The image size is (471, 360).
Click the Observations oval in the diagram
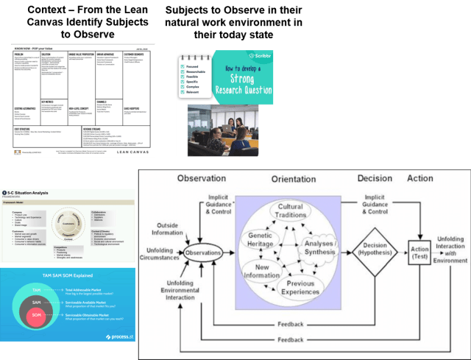coord(202,252)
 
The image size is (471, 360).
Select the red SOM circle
coord(35,317)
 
